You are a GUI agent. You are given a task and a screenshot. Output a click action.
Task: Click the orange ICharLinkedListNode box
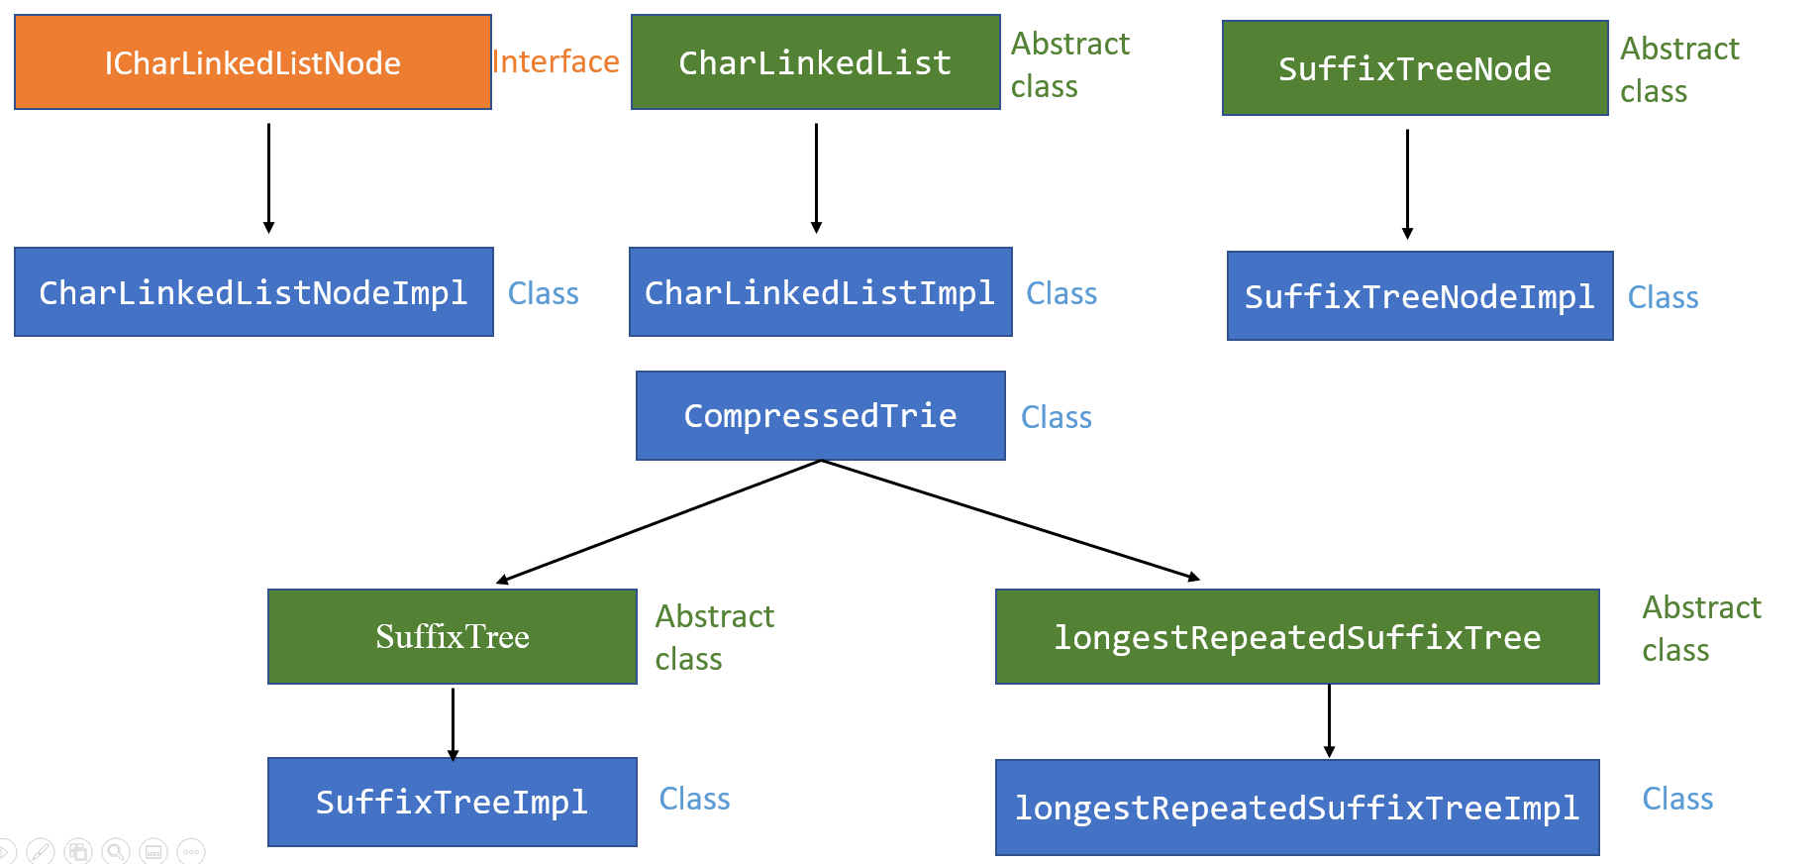253,62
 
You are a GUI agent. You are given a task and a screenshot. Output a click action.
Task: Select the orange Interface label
556,61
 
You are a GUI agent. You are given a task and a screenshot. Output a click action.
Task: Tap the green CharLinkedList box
815,62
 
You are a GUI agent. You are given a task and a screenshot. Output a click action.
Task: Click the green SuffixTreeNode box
1414,68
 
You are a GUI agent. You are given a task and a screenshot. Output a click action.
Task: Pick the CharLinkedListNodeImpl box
253,292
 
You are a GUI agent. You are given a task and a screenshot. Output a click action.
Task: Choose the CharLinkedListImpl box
820,292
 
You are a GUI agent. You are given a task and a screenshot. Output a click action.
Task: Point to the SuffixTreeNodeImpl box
1419,296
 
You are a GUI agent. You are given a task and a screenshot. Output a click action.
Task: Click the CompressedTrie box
820,415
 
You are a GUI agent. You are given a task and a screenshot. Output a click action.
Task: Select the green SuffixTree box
452,636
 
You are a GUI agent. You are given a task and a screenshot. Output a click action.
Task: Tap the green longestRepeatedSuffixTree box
1297,636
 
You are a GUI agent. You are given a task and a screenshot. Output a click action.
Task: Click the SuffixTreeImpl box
452,802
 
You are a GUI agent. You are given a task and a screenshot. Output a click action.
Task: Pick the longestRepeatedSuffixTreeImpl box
1297,808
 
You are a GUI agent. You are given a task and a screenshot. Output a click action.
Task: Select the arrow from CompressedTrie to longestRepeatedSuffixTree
1010,519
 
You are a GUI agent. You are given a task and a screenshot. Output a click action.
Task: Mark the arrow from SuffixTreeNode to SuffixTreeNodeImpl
1407,182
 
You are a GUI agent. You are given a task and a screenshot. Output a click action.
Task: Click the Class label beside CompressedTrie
1056,417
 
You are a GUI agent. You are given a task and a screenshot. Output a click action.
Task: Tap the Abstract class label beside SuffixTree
714,637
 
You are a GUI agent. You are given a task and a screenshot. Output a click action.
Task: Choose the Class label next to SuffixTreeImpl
694,799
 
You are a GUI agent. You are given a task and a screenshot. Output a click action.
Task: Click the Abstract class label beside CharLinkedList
1069,64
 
